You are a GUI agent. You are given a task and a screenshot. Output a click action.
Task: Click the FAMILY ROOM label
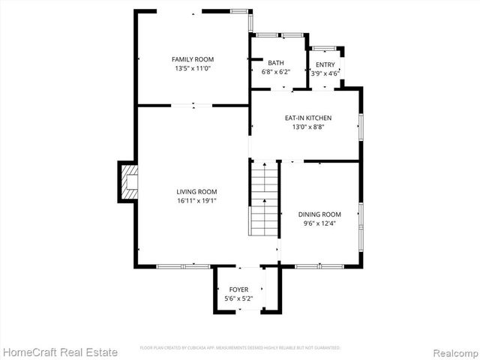(193, 59)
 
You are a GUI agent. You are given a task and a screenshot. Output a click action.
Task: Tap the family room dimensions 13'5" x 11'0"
(193, 68)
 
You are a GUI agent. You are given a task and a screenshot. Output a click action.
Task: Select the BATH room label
(276, 63)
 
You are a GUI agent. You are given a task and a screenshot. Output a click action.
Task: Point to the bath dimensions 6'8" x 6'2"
(276, 72)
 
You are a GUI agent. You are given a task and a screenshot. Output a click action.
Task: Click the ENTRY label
(325, 65)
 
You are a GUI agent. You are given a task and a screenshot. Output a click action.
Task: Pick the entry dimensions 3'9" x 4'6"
(325, 73)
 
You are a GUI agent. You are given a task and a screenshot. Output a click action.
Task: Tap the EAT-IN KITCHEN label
(307, 118)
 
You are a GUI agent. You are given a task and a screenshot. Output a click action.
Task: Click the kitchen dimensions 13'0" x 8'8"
(307, 127)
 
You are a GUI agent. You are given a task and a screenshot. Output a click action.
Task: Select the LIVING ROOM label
(196, 191)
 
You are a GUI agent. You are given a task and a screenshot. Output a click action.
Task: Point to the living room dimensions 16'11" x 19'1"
(196, 200)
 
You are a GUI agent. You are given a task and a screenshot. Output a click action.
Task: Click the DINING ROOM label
(319, 214)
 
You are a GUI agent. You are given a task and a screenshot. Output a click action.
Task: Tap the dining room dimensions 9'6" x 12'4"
(319, 223)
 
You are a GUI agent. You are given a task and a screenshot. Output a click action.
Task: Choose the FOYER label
(238, 289)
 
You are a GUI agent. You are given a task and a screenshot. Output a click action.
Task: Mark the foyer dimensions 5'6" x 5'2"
(238, 298)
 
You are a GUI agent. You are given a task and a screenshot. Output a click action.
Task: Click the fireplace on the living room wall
(127, 181)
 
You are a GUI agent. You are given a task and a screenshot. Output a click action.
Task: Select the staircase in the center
(264, 199)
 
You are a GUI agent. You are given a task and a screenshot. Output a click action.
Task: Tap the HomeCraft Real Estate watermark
(60, 352)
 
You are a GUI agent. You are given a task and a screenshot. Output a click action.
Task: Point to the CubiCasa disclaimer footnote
(240, 348)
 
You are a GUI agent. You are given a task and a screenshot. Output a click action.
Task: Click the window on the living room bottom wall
(183, 265)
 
